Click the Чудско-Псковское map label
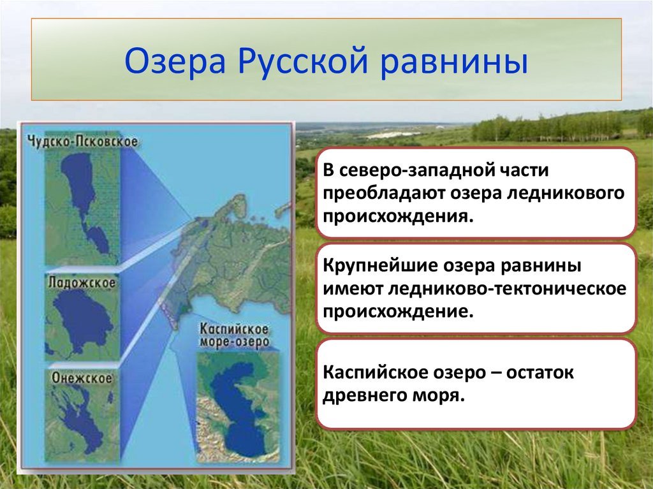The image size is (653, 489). tap(82, 141)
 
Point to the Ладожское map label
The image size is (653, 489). tap(82, 283)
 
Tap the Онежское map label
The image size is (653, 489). tap(82, 378)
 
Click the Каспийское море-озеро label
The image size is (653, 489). tap(234, 335)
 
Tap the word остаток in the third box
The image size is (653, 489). tap(540, 372)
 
